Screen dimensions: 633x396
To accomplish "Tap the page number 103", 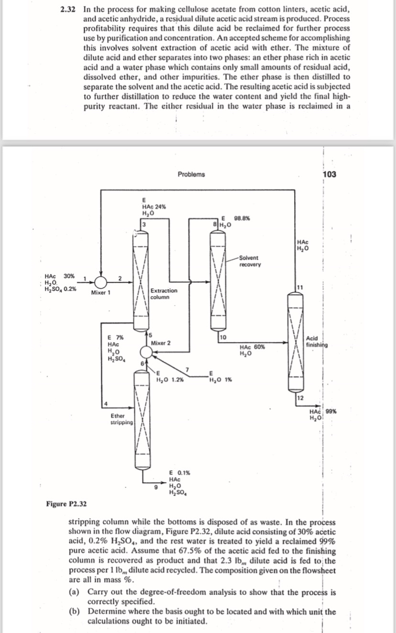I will pyautogui.click(x=329, y=174).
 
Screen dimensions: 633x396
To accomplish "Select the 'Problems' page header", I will pyautogui.click(x=191, y=174).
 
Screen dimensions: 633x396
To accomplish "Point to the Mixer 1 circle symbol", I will pyautogui.click(x=100, y=281).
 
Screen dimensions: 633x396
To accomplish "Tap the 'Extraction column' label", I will pyautogui.click(x=164, y=294).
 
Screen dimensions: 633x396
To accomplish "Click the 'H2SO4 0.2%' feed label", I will pyautogui.click(x=60, y=289).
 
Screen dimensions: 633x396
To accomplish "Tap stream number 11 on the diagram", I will pyautogui.click(x=300, y=287).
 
